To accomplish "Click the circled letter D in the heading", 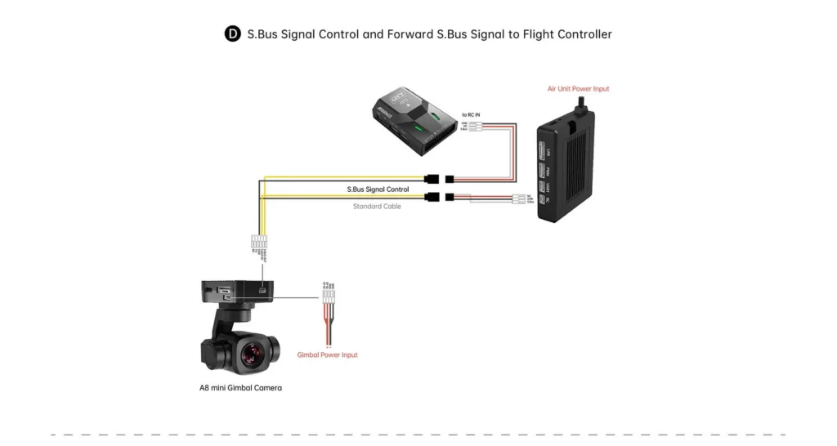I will [233, 34].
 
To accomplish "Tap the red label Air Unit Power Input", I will [578, 89].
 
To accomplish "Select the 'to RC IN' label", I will [472, 115].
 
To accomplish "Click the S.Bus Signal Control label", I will [377, 190].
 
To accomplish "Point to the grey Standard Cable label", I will [377, 207].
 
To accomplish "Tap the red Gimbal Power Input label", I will [328, 355].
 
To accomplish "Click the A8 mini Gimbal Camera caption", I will [240, 388].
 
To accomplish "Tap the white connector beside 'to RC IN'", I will [474, 126].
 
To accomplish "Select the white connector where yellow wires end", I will [259, 243].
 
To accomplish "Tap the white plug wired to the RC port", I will [518, 200].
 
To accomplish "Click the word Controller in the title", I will [583, 34].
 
